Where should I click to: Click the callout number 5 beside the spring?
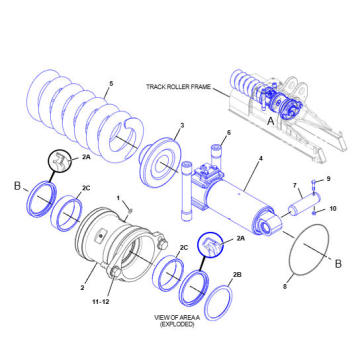[111, 83]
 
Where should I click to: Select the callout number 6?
[228, 133]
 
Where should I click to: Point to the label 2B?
[237, 273]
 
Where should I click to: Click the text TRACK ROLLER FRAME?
[179, 87]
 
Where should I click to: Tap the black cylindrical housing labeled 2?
[115, 245]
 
